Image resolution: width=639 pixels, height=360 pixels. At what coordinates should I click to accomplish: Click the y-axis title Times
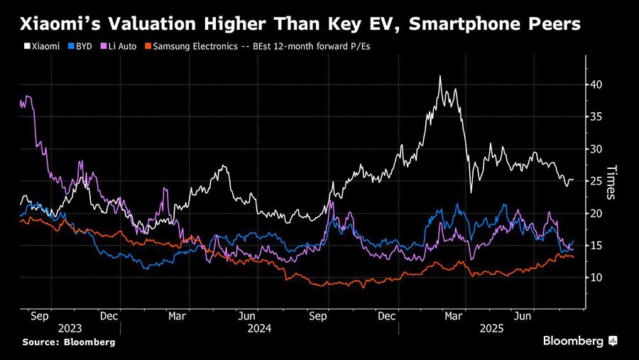(x=612, y=182)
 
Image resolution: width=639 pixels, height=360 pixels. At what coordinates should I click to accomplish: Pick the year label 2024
(x=259, y=329)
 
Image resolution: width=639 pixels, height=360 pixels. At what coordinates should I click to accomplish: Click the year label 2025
(x=491, y=329)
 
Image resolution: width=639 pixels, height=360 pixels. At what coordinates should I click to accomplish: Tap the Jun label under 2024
(x=246, y=315)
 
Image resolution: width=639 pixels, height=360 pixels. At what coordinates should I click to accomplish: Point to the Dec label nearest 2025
(x=386, y=315)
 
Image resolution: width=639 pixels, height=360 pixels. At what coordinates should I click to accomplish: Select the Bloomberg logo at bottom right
(x=580, y=342)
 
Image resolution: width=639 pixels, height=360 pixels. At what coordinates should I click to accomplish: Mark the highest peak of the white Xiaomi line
(x=440, y=76)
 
